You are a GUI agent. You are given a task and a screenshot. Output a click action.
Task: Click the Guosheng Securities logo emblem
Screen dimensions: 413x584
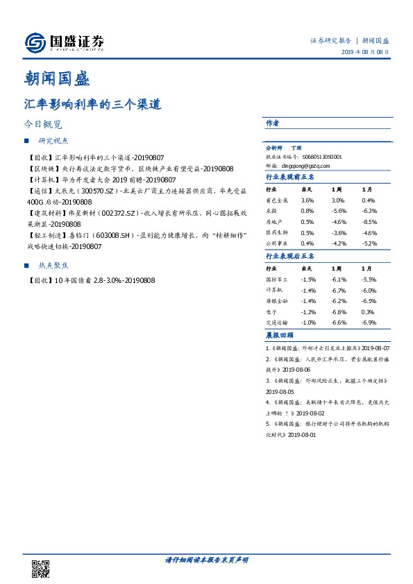35,43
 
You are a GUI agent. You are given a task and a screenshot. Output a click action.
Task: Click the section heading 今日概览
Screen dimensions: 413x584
44,126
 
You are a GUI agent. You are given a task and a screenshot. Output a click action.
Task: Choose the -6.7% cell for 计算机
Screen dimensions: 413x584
339,291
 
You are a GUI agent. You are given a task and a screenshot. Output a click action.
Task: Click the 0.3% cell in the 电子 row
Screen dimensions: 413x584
368,312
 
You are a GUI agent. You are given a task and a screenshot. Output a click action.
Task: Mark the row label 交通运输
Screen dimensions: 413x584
278,323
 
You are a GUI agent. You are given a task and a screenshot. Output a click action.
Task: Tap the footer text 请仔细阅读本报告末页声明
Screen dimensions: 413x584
206,560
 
